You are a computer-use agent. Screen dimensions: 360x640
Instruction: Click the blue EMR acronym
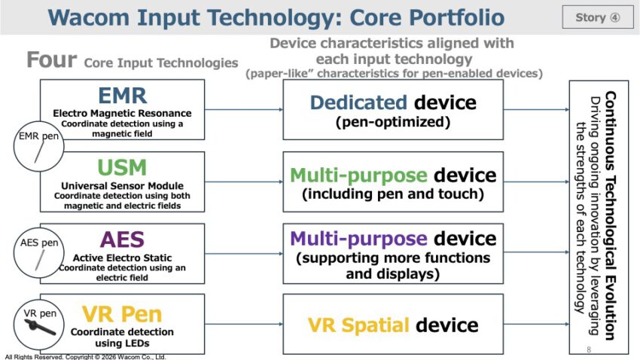tap(122, 96)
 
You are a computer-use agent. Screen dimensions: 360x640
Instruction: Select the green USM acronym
tap(122, 167)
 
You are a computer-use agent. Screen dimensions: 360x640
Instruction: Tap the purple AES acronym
tap(122, 239)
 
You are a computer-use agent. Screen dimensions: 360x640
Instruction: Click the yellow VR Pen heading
tap(122, 313)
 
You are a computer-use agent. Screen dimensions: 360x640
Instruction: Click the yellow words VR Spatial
tap(358, 325)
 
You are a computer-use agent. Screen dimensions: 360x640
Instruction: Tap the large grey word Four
tap(51, 60)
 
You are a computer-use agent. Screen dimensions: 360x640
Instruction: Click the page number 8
tap(588, 349)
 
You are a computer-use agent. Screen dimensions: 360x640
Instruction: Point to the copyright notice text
tap(85, 356)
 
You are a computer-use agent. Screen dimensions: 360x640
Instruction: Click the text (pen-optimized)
tap(393, 121)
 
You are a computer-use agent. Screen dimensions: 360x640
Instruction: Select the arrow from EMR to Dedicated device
tap(244, 109)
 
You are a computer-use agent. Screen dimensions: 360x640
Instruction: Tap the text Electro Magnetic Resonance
tap(122, 114)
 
